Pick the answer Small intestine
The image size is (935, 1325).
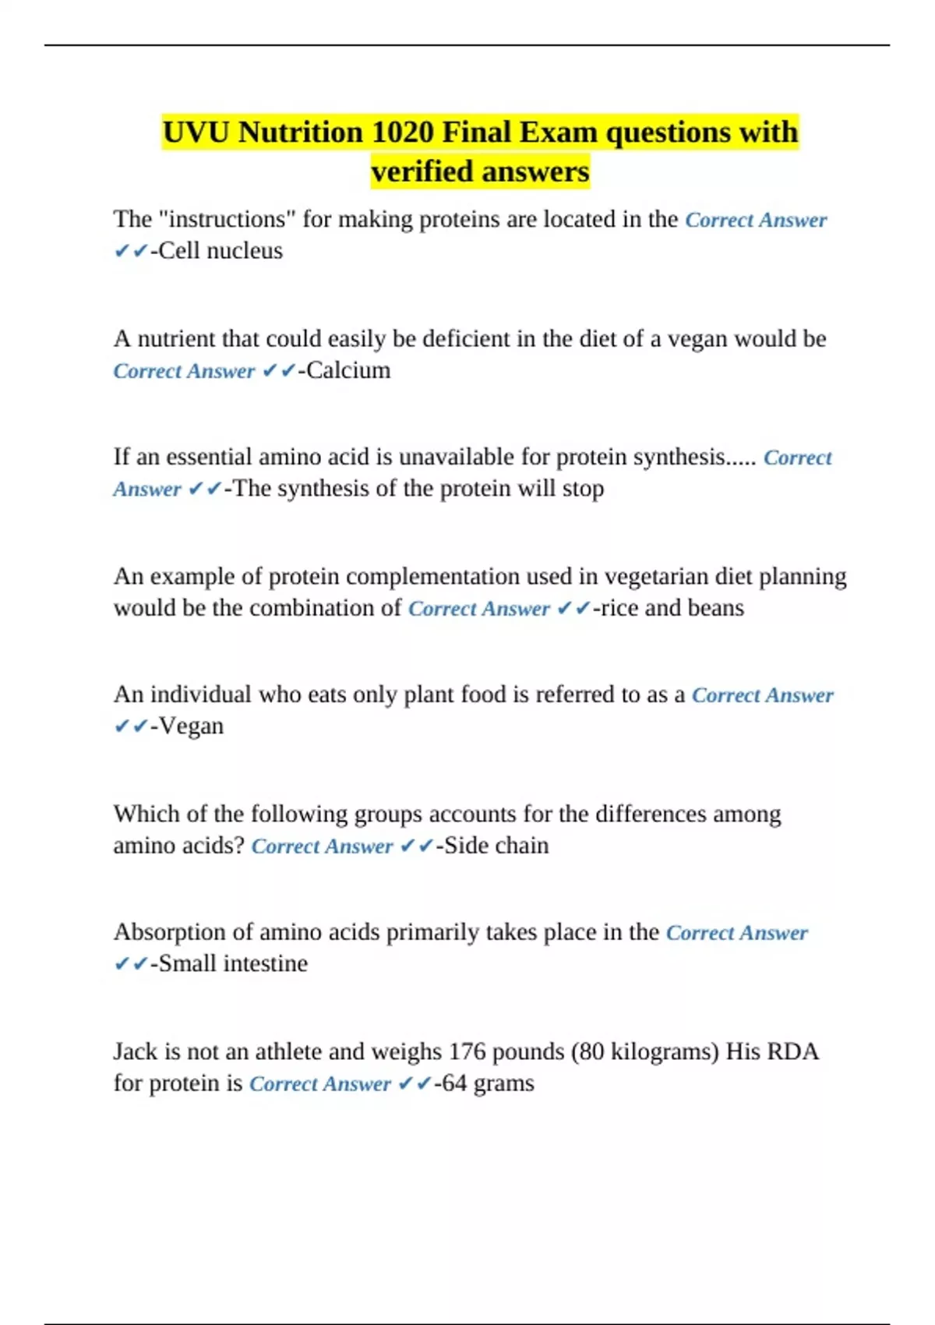[x=233, y=964]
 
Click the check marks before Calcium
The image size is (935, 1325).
[x=278, y=371]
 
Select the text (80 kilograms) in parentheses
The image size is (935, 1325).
[x=645, y=1051]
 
